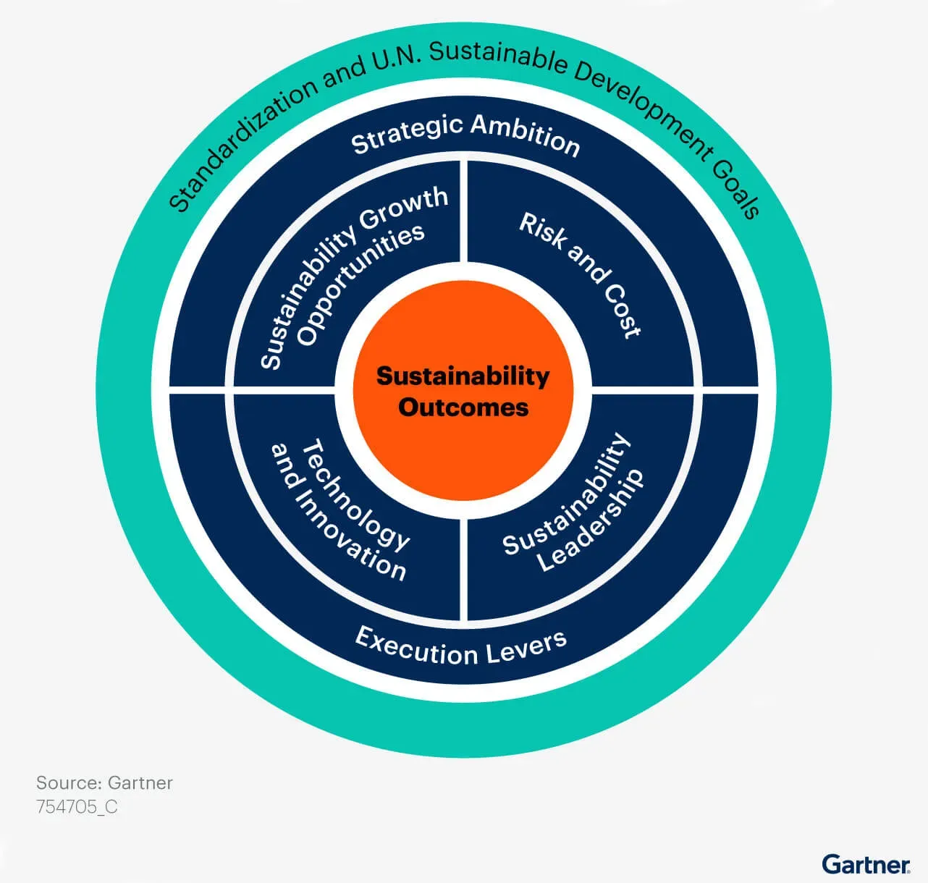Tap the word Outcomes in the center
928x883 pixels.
[463, 407]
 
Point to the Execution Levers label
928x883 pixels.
[461, 646]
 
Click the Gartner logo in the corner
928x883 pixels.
[866, 863]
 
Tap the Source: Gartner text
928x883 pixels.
[104, 783]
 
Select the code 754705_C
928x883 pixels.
[77, 806]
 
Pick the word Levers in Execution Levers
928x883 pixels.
[526, 646]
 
